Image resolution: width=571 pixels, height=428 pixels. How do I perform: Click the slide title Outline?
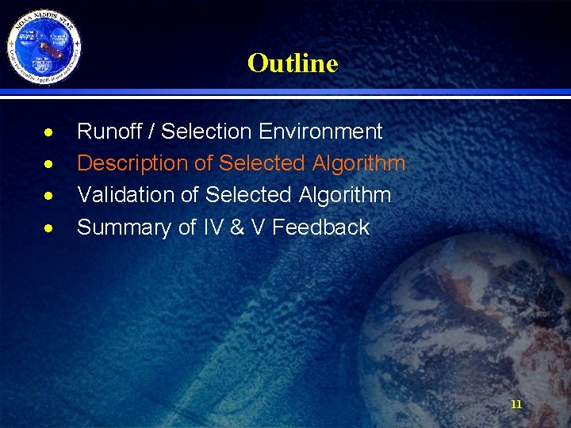click(x=293, y=63)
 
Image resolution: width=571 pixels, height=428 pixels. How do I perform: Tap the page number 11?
click(x=516, y=404)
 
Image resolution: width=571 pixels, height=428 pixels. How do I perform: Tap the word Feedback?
click(x=322, y=227)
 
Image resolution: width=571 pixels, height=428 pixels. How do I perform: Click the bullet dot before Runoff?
click(x=49, y=132)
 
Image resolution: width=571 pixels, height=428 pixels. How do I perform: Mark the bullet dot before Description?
click(x=49, y=164)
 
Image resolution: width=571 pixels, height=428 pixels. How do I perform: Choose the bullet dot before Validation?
click(x=49, y=196)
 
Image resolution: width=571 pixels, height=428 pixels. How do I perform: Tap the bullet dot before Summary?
click(x=49, y=228)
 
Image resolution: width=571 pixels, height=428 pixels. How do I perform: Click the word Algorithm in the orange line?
click(x=358, y=163)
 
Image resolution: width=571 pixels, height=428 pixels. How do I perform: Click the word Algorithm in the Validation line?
click(x=345, y=195)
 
